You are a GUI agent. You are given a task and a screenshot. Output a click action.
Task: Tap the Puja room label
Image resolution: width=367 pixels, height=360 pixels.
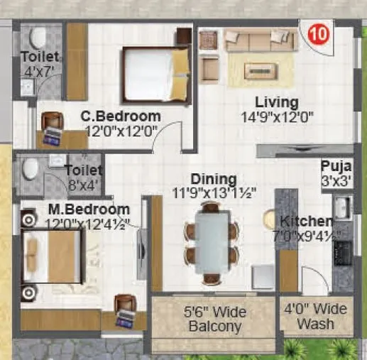pyautogui.click(x=335, y=168)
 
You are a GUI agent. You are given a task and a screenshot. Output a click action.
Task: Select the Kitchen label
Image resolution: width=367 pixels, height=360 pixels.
pyautogui.click(x=305, y=221)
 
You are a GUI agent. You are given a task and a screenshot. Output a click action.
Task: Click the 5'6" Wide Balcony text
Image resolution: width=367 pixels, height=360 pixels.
pyautogui.click(x=212, y=318)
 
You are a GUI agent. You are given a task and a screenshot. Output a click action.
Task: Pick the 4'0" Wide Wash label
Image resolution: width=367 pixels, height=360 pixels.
pyautogui.click(x=315, y=317)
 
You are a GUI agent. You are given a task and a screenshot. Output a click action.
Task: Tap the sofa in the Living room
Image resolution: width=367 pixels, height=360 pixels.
pyautogui.click(x=251, y=40)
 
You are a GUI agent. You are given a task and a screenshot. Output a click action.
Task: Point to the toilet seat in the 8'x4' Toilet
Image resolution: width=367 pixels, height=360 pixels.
pyautogui.click(x=30, y=169)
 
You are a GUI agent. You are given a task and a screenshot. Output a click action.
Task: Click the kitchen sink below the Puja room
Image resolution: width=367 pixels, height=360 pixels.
pyautogui.click(x=341, y=208)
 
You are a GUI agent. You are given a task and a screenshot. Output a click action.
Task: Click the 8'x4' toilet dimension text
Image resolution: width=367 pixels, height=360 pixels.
pyautogui.click(x=83, y=186)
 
